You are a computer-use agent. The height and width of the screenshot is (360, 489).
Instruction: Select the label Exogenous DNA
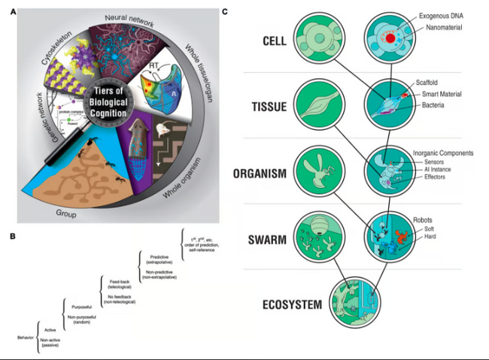[x=436, y=14]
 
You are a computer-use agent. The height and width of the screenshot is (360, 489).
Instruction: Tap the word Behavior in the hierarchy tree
[x=29, y=337]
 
